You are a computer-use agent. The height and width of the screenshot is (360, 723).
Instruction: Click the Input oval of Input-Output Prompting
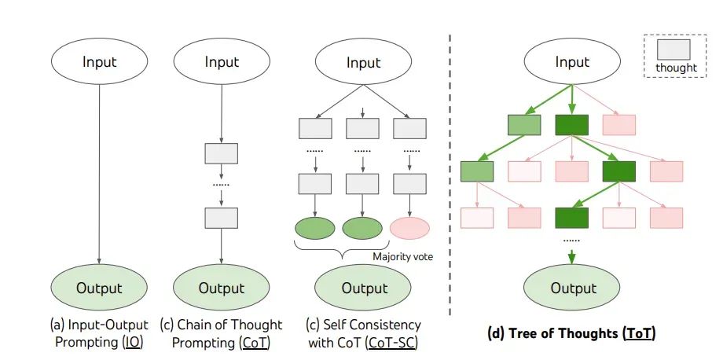100,62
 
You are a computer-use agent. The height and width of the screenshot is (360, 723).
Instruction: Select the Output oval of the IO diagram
100,288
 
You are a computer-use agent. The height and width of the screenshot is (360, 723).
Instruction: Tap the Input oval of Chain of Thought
221,62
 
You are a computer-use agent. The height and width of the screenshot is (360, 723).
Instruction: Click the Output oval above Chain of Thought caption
221,288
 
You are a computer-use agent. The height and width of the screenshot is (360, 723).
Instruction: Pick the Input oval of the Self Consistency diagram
363,62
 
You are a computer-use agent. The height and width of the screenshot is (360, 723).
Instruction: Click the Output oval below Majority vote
363,288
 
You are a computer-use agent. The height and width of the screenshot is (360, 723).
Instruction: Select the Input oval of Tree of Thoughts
572,62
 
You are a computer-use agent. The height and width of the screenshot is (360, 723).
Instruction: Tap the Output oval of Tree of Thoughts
572,288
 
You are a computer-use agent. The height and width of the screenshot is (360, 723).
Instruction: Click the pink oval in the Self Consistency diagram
409,228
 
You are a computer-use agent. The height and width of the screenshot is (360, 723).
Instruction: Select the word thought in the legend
676,68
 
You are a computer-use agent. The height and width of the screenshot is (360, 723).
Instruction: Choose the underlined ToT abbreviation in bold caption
637,334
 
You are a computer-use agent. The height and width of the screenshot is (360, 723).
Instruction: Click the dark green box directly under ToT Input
571,124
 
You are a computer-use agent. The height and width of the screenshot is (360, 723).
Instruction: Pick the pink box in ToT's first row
618,124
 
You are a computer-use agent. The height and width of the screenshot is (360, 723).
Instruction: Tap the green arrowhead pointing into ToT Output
572,254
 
